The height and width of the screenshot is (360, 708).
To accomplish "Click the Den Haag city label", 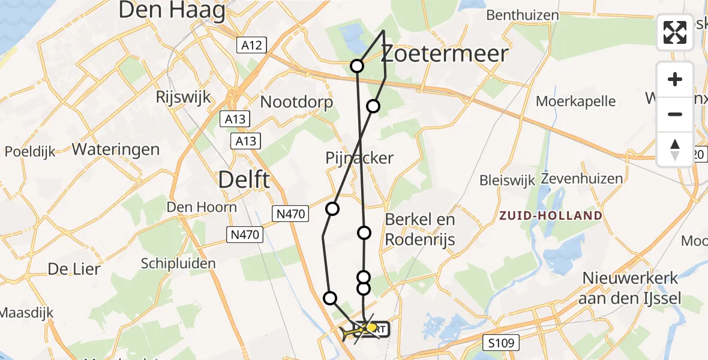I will (172, 11).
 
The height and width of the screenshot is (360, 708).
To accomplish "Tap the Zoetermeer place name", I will (445, 54).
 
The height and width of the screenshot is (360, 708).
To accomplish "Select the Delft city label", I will (244, 179).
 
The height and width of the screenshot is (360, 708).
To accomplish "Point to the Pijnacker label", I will (359, 158).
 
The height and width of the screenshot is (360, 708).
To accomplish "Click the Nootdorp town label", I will (296, 103).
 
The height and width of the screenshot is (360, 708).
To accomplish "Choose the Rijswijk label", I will (181, 97).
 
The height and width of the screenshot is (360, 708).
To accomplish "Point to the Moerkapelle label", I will (576, 101).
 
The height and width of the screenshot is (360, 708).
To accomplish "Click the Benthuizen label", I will (523, 15).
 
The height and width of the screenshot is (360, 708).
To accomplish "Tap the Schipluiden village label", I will (178, 263).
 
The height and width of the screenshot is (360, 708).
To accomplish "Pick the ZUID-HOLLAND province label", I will (551, 215).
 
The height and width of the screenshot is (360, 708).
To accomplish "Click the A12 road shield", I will (251, 44).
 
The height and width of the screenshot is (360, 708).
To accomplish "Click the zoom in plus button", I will (675, 79).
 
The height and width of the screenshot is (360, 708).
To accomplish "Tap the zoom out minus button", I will (675, 114).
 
